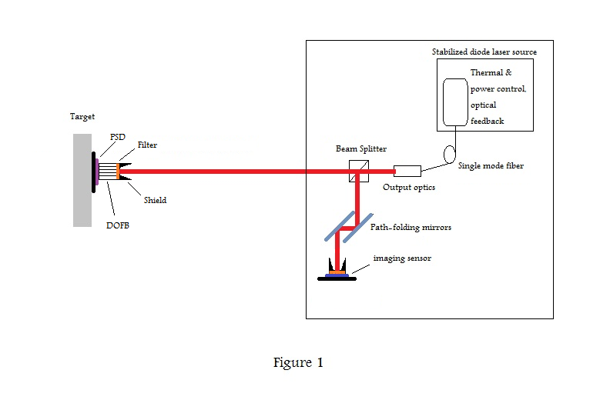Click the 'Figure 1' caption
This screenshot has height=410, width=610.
(x=298, y=363)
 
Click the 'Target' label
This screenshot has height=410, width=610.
(x=82, y=117)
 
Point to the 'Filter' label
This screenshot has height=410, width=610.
(x=148, y=145)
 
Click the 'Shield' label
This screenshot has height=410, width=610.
(x=155, y=200)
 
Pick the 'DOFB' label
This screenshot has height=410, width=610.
(x=118, y=226)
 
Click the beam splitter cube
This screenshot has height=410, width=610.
(x=357, y=171)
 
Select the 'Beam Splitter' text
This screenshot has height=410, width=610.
(x=361, y=148)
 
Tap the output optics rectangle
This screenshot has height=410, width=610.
(x=407, y=171)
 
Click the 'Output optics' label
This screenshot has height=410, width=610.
(x=409, y=187)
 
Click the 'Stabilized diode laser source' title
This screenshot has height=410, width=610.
(x=484, y=52)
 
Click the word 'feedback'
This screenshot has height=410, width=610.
(x=487, y=122)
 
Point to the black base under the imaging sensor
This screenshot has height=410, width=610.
(x=337, y=278)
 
